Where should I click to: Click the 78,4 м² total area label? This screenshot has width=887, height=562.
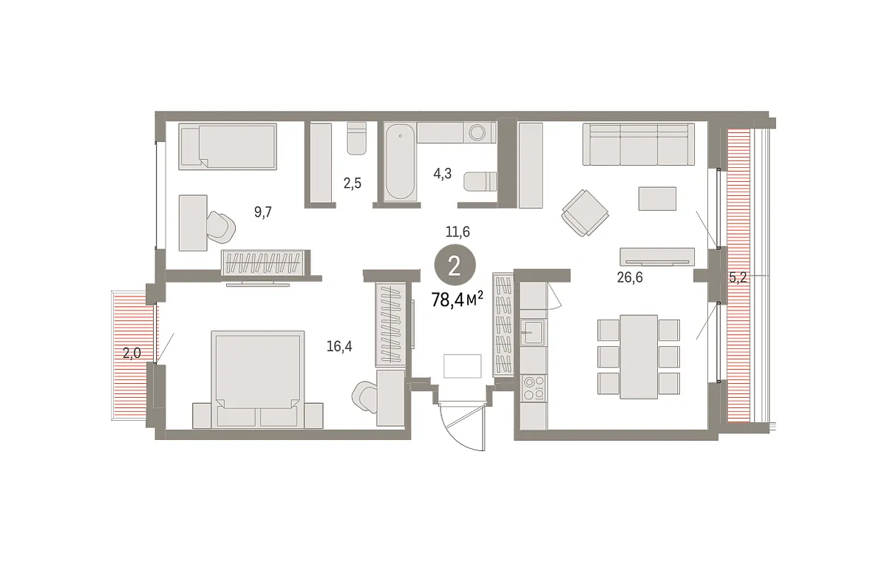[x=457, y=299]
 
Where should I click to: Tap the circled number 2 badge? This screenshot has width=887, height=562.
[x=455, y=265]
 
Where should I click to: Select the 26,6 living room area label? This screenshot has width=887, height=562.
[x=630, y=277]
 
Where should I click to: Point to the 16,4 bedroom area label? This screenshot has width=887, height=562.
[x=339, y=346]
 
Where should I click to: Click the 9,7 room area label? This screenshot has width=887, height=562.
[x=263, y=212]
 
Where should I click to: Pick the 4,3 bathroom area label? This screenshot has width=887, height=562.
[x=442, y=174]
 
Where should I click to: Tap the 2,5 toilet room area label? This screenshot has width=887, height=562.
[x=352, y=183]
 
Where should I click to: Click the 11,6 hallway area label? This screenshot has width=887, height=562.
[x=458, y=231]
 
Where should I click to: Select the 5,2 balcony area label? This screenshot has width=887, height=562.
[x=738, y=277]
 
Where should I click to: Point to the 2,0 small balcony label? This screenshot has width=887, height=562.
[x=132, y=353]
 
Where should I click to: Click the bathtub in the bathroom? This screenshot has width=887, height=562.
[x=400, y=162]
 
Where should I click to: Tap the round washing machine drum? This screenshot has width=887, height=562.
[x=478, y=132]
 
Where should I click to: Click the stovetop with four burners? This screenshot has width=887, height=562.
[x=533, y=388]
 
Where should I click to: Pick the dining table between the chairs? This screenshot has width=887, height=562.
[x=639, y=357]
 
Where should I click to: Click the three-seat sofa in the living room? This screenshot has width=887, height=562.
[x=639, y=144]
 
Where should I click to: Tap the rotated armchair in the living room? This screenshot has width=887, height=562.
[x=585, y=213]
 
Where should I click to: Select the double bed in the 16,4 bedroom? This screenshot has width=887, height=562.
[x=258, y=379]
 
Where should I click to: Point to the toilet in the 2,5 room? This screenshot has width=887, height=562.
[x=357, y=138]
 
